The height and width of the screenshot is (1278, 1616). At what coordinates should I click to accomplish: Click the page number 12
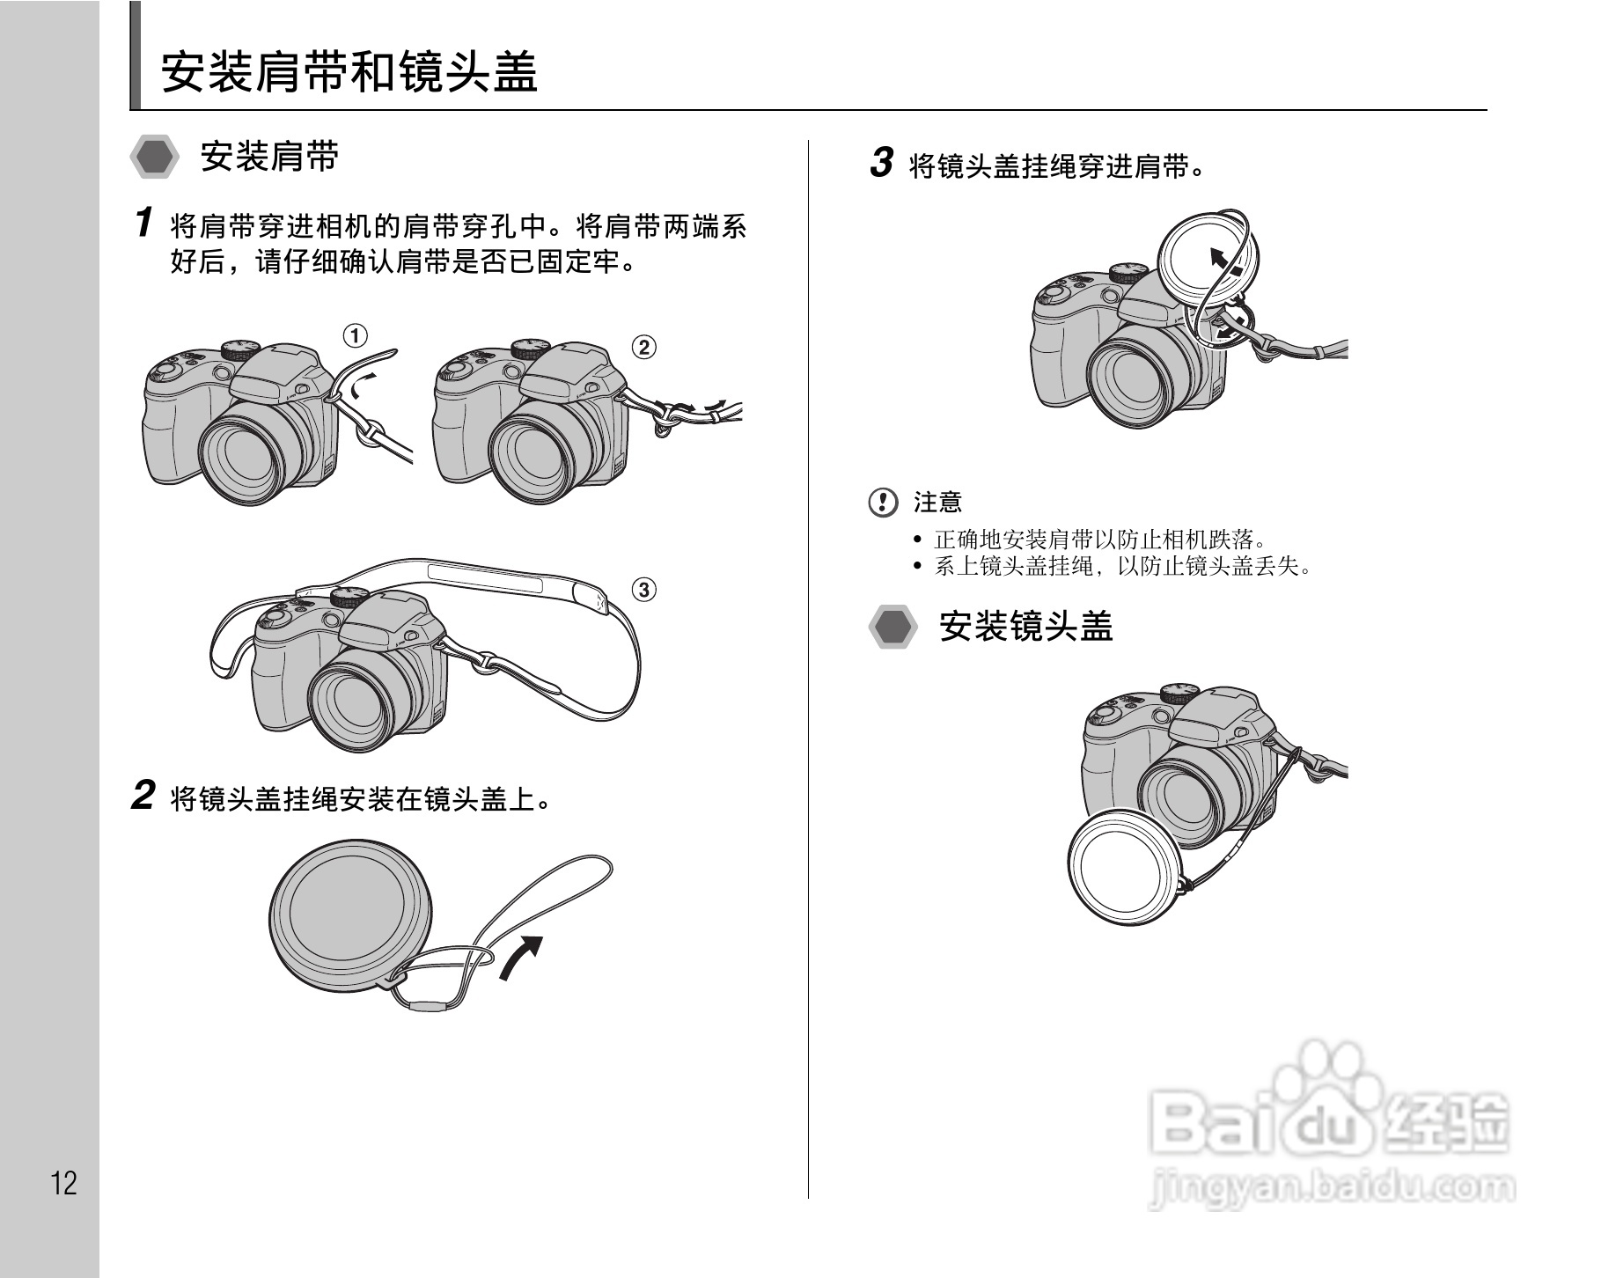click(x=64, y=1183)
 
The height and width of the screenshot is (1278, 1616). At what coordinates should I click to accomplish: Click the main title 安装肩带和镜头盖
click(x=349, y=72)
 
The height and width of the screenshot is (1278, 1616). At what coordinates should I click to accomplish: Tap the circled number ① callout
click(x=355, y=335)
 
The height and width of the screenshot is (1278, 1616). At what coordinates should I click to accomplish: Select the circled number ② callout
click(x=644, y=347)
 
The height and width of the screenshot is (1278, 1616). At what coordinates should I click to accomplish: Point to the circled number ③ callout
click(x=644, y=589)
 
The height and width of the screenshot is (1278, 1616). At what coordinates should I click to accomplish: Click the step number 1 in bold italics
click(x=144, y=223)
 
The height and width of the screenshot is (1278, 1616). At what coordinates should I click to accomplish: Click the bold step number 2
click(x=143, y=796)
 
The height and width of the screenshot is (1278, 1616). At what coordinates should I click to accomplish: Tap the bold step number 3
click(x=881, y=163)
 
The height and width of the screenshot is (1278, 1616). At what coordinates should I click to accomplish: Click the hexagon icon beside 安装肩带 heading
click(x=155, y=158)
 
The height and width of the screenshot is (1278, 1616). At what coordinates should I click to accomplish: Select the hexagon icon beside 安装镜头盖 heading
click(x=892, y=628)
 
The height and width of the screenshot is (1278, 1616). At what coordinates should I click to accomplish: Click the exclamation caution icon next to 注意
click(x=882, y=503)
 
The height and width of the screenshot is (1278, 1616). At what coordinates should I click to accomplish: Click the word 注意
click(x=937, y=503)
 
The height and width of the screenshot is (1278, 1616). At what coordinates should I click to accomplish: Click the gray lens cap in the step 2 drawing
click(x=350, y=911)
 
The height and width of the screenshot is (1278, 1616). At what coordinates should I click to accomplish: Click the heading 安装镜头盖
click(x=1026, y=627)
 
